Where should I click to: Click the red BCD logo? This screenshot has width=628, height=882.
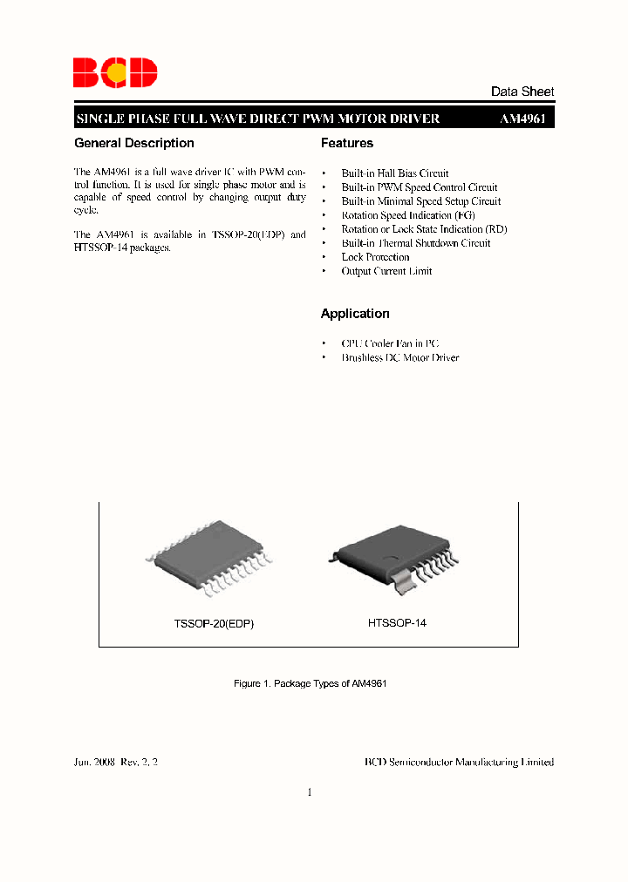tap(115, 72)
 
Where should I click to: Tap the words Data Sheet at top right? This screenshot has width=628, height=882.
tap(522, 92)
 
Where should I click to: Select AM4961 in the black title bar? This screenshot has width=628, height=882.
tap(522, 119)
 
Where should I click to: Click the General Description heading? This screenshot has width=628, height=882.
tap(134, 143)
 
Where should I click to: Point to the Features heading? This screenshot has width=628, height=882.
tap(347, 143)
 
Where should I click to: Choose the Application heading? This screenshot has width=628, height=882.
tap(355, 314)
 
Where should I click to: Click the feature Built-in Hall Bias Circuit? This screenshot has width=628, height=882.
tap(395, 173)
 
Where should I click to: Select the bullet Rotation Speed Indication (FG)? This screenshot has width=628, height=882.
tap(408, 215)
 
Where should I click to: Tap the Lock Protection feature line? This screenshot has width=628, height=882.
tap(375, 257)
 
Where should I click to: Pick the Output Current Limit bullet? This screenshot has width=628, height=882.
tap(386, 271)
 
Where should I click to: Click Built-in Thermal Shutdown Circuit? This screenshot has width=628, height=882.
tap(415, 243)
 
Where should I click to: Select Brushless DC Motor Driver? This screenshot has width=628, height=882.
tap(399, 358)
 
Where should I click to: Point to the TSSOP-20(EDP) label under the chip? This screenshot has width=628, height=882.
tap(214, 625)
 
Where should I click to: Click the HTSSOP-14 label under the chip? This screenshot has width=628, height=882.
tap(397, 623)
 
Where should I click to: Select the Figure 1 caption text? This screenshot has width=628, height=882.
tap(311, 684)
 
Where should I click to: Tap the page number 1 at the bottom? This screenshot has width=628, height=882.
tap(310, 792)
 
